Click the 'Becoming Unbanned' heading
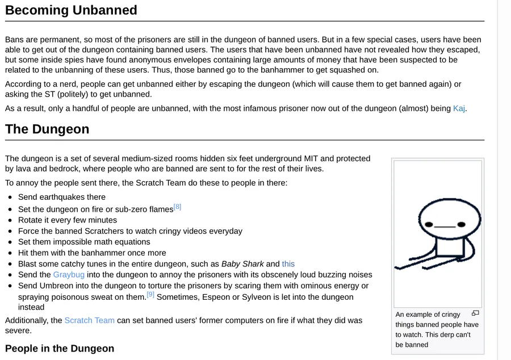(x=71, y=10)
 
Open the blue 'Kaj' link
(x=459, y=108)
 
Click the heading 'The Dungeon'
(x=47, y=129)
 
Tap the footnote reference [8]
(x=177, y=207)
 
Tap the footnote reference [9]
(x=150, y=295)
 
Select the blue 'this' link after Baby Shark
(x=288, y=264)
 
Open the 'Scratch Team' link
(x=89, y=320)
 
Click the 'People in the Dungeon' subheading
(x=60, y=348)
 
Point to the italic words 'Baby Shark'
(x=242, y=264)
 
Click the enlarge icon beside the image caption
(x=475, y=313)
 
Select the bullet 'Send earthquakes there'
(x=61, y=197)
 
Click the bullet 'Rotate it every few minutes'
(x=67, y=220)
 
